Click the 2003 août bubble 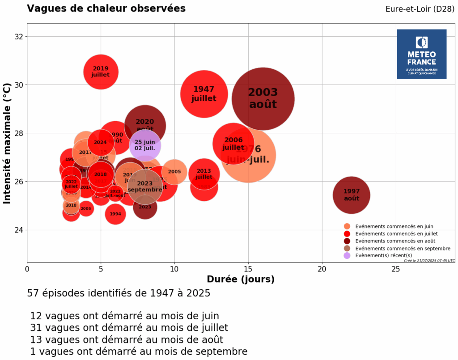(x=263, y=99)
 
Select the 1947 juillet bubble (x=204, y=94)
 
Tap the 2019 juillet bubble (x=101, y=72)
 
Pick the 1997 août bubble (x=352, y=195)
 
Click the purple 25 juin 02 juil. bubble (x=145, y=145)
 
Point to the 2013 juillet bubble (x=204, y=174)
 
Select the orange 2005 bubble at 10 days (x=174, y=172)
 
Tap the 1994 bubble (x=115, y=214)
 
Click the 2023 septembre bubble (x=145, y=186)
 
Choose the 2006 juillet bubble (x=233, y=144)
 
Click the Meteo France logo (x=421, y=54)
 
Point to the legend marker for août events (x=347, y=241)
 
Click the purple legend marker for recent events (x=347, y=255)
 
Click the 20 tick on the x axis (x=322, y=269)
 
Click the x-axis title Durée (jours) (x=241, y=280)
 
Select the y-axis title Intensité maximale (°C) (x=7, y=143)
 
